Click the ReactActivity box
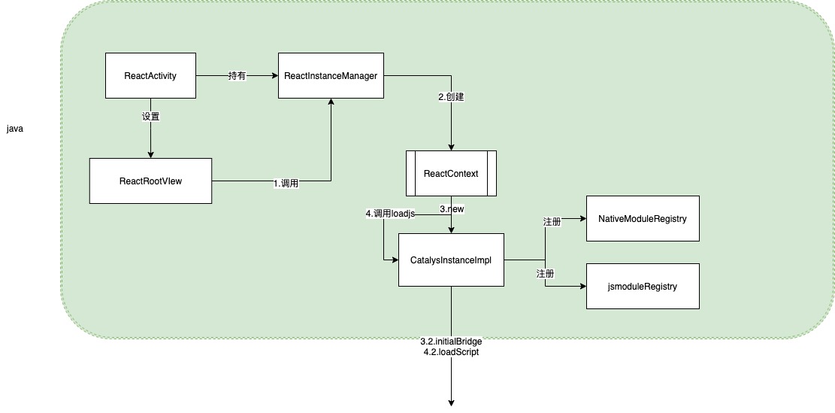point(150,75)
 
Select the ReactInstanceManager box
point(331,75)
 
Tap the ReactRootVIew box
point(150,181)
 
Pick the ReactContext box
point(451,174)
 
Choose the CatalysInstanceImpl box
point(451,260)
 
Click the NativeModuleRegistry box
point(643,218)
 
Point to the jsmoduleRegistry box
point(643,286)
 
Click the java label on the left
point(15,129)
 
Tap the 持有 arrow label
point(237,76)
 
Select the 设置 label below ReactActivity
point(151,117)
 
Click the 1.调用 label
point(286,183)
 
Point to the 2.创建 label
point(452,98)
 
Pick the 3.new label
point(452,208)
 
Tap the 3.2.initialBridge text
point(451,342)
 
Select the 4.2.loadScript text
point(451,351)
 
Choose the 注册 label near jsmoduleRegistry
point(545,274)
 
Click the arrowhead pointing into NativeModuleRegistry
point(582,219)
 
